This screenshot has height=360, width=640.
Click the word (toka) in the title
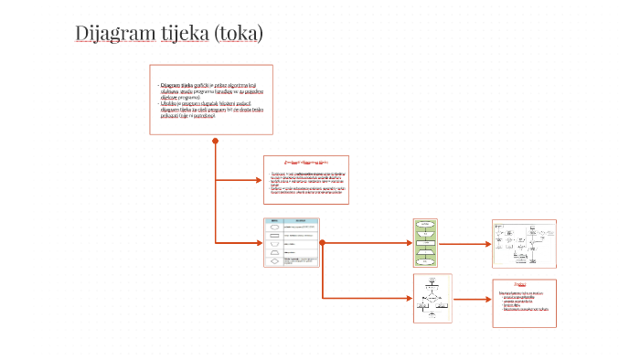[239, 34]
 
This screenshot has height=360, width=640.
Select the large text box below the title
[211, 100]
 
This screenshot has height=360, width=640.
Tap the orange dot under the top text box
[216, 141]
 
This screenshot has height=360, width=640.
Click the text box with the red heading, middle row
[305, 179]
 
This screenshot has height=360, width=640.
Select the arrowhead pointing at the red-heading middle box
[259, 179]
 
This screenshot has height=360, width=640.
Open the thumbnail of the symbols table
[291, 242]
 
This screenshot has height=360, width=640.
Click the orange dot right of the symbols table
[322, 242]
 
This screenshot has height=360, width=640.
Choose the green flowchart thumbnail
[426, 242]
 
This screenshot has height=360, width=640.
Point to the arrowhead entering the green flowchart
[410, 242]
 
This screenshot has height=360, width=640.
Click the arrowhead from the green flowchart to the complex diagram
[488, 243]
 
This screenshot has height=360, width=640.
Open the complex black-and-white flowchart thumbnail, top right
[524, 242]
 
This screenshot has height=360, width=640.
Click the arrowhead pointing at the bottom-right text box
[488, 299]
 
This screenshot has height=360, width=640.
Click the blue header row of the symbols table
[291, 221]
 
